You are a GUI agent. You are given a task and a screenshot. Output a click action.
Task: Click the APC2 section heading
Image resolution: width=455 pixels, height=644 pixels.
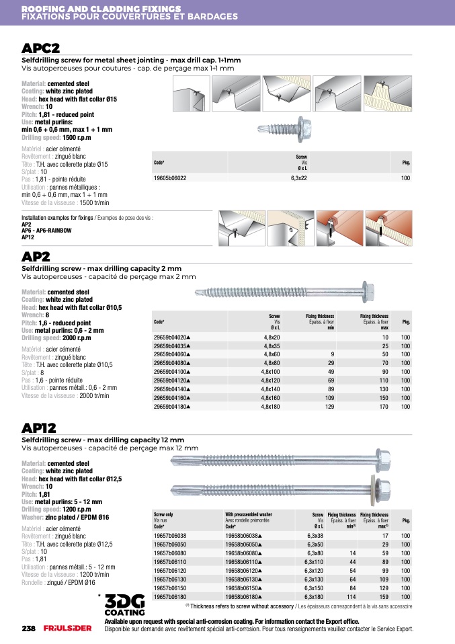click(41, 48)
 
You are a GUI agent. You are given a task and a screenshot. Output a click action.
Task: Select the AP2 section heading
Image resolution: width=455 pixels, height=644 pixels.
click(36, 257)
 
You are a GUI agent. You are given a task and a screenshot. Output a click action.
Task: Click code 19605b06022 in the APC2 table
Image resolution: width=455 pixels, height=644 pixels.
click(170, 178)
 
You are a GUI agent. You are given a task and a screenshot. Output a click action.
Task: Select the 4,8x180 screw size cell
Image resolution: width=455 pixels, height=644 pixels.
click(270, 407)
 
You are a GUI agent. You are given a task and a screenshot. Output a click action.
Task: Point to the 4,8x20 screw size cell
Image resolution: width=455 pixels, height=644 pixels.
click(272, 336)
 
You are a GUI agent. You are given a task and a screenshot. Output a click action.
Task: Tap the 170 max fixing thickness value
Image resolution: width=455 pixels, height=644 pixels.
click(384, 407)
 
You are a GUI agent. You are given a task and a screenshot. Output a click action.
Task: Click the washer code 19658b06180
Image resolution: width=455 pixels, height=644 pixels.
click(243, 596)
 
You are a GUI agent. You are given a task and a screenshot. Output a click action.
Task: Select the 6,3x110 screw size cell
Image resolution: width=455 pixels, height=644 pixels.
click(314, 561)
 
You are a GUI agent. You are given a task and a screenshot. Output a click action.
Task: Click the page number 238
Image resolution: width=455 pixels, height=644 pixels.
click(28, 629)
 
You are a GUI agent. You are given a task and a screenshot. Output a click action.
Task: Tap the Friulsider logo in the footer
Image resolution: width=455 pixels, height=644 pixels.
click(63, 629)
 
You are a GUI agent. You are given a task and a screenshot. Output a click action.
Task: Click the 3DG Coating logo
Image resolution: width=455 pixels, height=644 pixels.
click(124, 605)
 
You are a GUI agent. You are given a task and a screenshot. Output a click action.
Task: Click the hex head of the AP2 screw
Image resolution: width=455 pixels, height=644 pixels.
click(368, 292)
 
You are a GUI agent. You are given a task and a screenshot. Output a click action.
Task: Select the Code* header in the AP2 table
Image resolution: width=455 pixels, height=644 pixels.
click(159, 322)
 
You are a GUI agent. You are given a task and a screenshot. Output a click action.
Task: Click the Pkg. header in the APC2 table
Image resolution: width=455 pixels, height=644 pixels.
click(406, 163)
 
